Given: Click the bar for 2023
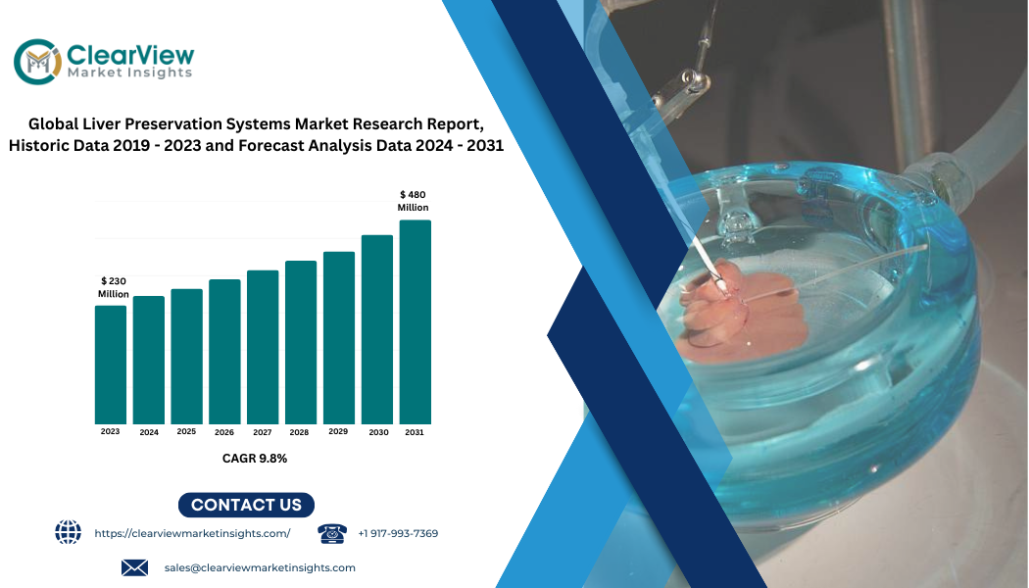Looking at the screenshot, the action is [110, 365].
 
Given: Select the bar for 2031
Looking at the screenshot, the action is [415, 322].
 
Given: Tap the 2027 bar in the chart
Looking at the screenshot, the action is [263, 347].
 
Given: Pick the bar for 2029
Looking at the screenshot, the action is [339, 338].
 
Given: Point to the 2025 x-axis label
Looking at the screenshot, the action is [186, 432].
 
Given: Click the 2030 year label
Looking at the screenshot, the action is [378, 432].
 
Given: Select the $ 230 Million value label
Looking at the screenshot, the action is [114, 287].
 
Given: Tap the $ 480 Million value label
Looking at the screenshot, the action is [413, 201].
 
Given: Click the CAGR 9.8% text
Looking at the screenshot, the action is [255, 458].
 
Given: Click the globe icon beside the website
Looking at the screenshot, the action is [69, 532].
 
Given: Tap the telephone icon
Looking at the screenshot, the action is [332, 533].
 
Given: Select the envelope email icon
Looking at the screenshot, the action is [134, 567].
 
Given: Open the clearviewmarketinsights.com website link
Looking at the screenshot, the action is [192, 533].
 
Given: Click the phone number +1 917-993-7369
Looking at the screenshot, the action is [398, 533].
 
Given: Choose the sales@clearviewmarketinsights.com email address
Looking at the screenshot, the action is [260, 567].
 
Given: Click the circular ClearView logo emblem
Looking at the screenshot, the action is [38, 62].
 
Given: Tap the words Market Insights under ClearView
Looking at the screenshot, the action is [130, 73].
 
